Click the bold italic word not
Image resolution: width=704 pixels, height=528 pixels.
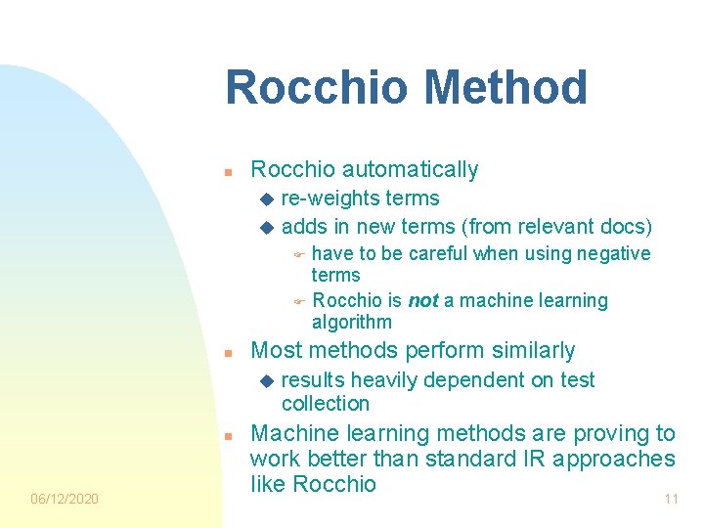(422, 301)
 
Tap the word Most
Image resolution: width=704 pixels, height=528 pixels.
(276, 350)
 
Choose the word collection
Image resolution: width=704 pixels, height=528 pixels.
(325, 404)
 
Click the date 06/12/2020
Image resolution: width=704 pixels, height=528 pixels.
(65, 499)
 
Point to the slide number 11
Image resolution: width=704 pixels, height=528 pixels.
(671, 499)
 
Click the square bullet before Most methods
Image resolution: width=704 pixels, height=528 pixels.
(227, 352)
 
